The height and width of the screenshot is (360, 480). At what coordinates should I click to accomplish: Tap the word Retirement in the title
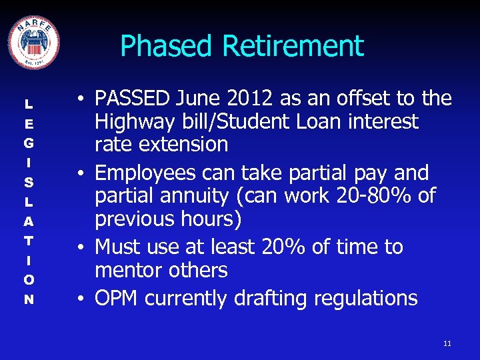[x=293, y=47]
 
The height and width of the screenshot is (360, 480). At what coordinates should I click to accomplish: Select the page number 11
[x=447, y=343]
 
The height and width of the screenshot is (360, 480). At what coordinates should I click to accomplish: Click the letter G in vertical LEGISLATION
[x=29, y=143]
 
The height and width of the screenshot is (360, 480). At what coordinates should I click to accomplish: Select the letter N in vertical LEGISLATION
[x=29, y=299]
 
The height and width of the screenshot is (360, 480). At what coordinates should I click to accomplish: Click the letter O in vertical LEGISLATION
[x=29, y=279]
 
